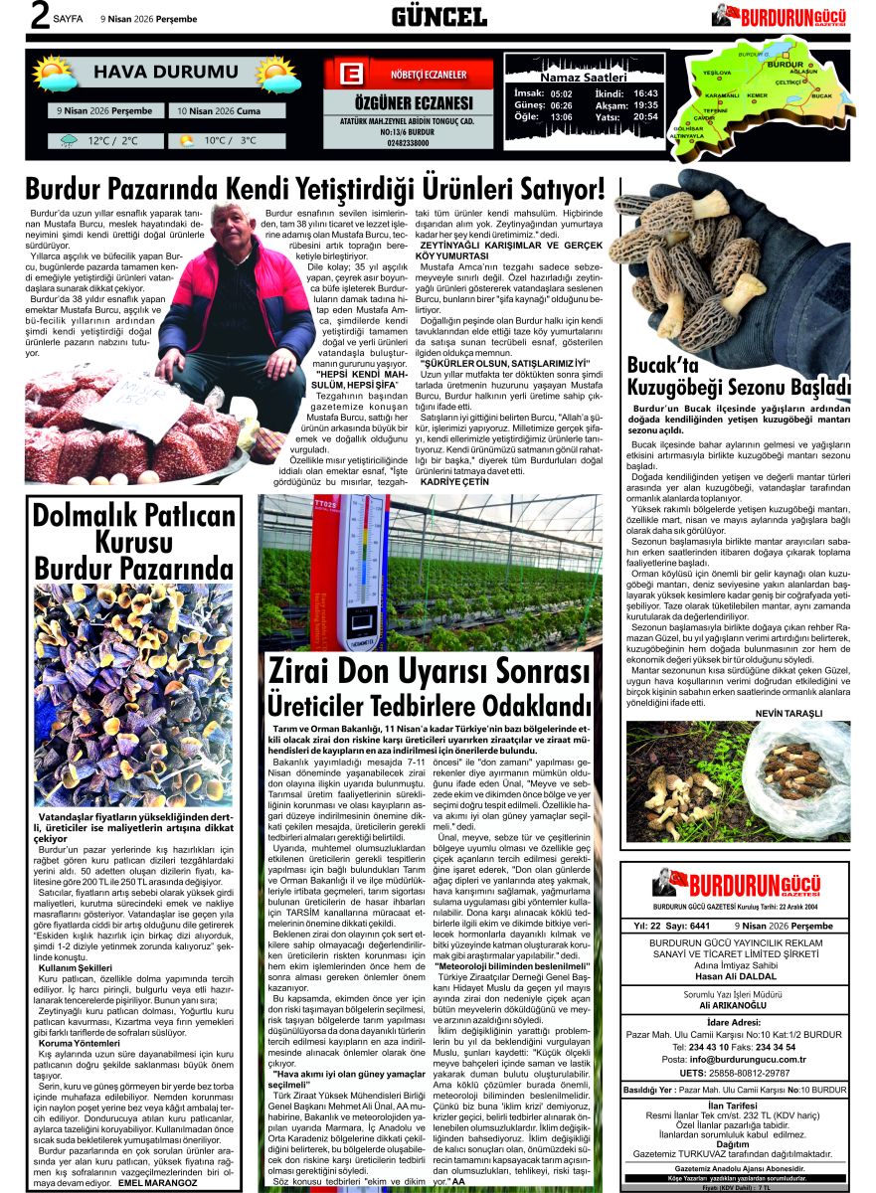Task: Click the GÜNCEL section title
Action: click(438, 16)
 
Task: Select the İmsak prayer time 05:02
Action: click(562, 92)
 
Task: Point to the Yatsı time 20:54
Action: click(645, 116)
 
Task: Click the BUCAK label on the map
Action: click(821, 96)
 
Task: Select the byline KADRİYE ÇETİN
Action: click(455, 480)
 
